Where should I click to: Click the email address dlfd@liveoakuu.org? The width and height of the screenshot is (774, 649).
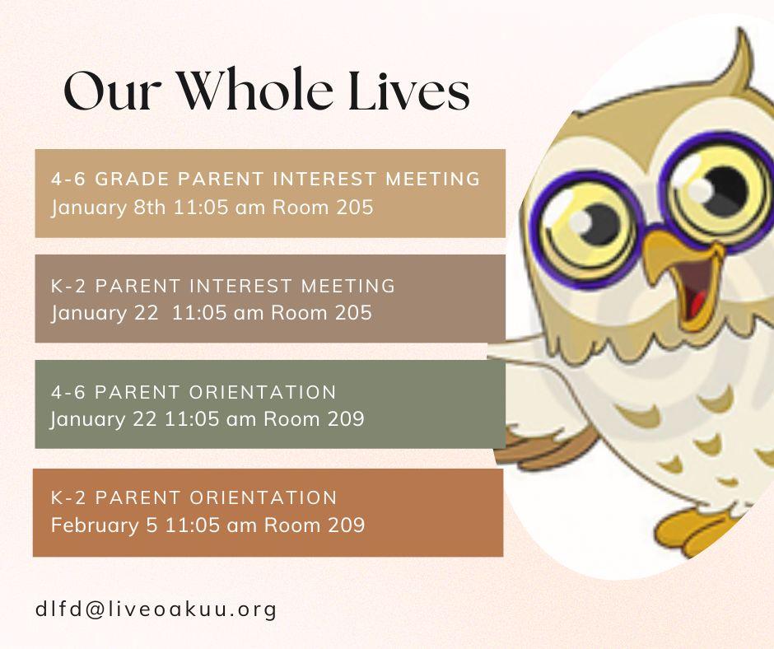[156, 609]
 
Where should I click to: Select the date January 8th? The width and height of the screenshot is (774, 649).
[108, 208]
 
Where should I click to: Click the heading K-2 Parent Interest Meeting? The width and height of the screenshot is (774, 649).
[223, 286]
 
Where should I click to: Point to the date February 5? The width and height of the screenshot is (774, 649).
[104, 525]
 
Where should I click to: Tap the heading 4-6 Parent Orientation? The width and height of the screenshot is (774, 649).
[193, 392]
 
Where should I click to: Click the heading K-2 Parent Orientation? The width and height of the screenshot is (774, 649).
[193, 497]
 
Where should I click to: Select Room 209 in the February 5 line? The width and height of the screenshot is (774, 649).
[315, 525]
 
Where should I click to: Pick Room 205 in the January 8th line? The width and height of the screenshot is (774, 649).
[323, 207]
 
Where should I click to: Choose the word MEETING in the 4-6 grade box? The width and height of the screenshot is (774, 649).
[432, 179]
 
